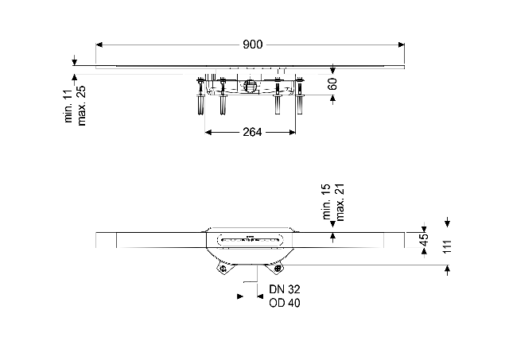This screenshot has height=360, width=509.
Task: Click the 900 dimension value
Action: click(253, 45)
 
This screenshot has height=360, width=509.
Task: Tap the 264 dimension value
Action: click(252, 132)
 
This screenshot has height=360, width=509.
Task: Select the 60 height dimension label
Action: click(332, 83)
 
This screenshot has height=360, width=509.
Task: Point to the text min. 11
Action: click(69, 106)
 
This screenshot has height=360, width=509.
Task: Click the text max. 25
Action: click(81, 106)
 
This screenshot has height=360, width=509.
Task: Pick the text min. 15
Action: click(327, 201)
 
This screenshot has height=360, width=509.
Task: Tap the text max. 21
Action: click(340, 203)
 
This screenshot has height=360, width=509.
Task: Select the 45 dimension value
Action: click(424, 240)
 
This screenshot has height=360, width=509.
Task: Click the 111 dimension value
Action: click(447, 247)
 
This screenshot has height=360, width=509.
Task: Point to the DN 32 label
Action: click(285, 289)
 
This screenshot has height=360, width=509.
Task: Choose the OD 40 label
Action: click(285, 303)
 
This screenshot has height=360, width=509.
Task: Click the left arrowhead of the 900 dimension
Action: click(99, 45)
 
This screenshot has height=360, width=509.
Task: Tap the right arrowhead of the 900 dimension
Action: click(402, 45)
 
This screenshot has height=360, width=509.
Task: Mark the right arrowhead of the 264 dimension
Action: click(293, 132)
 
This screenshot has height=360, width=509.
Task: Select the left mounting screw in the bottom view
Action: click(223, 269)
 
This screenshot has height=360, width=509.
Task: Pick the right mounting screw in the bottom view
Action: click(278, 269)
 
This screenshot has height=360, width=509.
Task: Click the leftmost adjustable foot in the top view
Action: click(201, 96)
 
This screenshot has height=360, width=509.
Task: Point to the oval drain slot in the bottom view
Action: click(249, 240)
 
